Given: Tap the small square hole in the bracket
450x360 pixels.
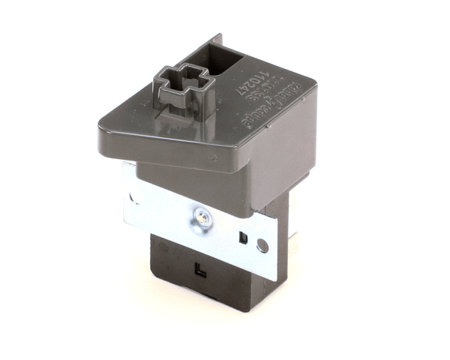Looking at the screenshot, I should click(243, 238).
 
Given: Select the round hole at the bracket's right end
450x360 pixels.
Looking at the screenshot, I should click(262, 244).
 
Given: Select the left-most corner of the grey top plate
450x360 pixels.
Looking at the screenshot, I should click(99, 130).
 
